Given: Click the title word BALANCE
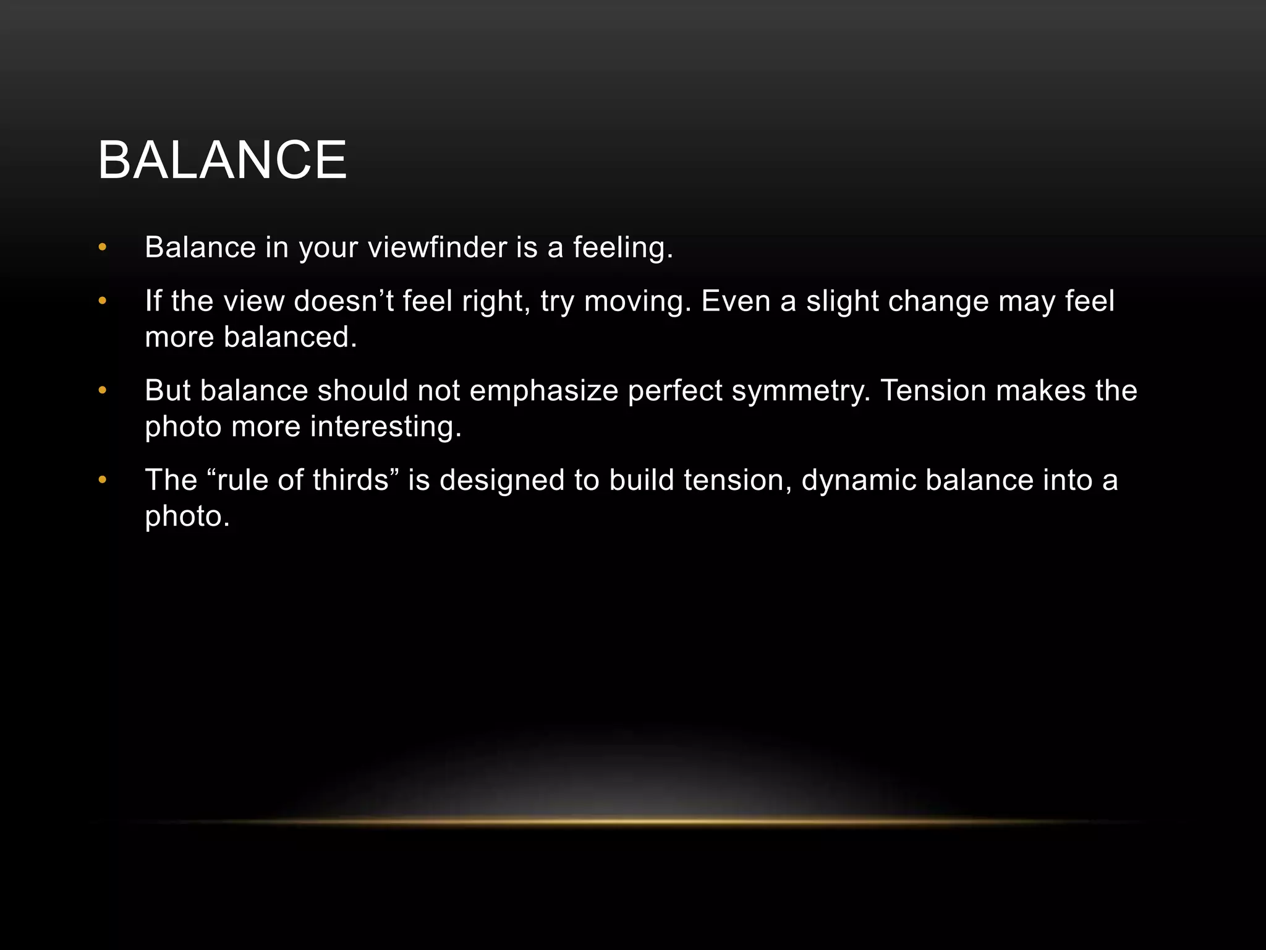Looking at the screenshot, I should [223, 160].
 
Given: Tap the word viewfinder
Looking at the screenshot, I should [437, 247].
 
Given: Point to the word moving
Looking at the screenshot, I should [637, 301].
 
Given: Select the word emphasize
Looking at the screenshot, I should [544, 391].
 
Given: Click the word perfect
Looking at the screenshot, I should [675, 391].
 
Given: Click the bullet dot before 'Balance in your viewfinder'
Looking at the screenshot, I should [103, 248].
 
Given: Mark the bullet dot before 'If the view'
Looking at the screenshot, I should [103, 302].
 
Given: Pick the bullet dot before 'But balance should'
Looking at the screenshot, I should [103, 391].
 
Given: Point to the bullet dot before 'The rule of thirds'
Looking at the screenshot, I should [103, 481].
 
